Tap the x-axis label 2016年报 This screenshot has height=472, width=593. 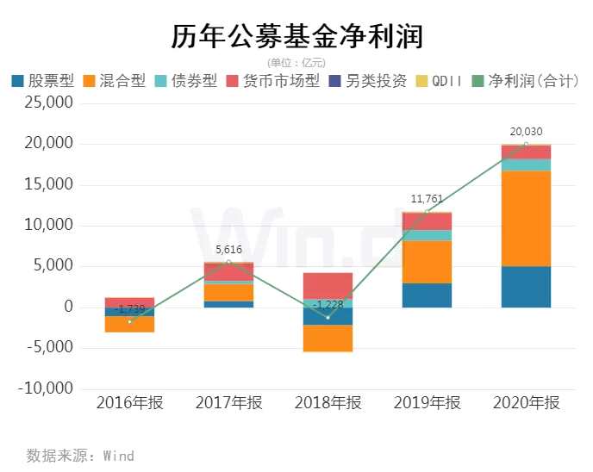(129, 403)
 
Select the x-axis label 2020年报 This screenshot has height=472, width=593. (526, 403)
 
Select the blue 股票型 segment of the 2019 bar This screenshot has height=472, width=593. (427, 295)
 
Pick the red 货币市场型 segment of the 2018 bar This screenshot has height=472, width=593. (328, 285)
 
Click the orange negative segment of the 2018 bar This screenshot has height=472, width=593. (328, 338)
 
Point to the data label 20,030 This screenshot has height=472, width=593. (526, 132)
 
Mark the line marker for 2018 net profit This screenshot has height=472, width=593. (328, 317)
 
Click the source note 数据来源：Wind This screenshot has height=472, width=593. (80, 455)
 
